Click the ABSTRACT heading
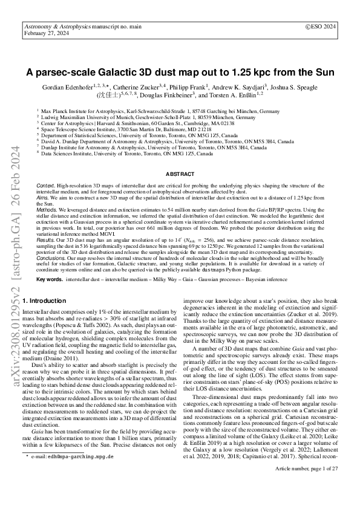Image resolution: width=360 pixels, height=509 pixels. pos(180,173)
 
